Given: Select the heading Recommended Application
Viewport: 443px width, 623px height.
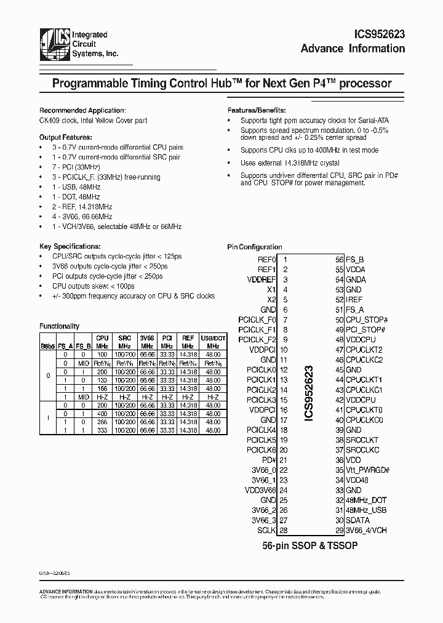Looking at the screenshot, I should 82,110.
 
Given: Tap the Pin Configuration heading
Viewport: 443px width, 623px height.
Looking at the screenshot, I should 255,247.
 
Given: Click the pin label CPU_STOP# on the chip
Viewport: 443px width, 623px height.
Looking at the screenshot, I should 366,320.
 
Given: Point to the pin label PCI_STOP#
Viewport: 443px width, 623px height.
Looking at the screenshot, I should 365,330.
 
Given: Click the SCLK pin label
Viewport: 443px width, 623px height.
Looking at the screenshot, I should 267,530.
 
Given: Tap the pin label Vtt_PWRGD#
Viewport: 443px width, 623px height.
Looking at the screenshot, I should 367,470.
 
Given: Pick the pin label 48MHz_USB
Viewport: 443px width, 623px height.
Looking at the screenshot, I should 365,510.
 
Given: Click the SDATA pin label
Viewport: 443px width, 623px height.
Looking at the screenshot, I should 357,520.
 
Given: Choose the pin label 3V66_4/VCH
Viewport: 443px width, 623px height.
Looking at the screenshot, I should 366,530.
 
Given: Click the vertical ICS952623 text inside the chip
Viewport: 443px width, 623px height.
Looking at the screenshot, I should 309,394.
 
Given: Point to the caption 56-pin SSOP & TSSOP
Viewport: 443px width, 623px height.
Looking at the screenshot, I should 310,545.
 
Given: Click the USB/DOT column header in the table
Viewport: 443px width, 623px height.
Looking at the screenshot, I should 213,342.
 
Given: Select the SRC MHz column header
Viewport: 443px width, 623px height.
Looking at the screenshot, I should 124,342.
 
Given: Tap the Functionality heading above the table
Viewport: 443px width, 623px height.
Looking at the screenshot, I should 60,326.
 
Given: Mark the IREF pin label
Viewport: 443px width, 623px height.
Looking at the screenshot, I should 354,299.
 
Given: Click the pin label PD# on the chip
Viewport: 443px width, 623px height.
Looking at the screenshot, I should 269,460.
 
